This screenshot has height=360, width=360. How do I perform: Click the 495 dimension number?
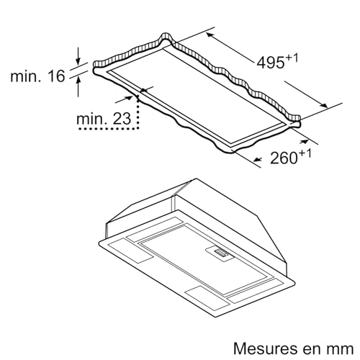click(271, 63)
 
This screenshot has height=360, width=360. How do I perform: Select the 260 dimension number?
click(284, 158)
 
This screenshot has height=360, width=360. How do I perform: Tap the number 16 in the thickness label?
click(56, 76)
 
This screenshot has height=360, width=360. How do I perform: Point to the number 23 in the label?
click(122, 119)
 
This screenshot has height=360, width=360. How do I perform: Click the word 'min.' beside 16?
click(26, 76)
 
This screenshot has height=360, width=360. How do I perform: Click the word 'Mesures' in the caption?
click(269, 348)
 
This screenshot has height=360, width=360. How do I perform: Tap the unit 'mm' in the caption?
click(342, 350)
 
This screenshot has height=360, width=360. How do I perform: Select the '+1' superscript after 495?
click(292, 58)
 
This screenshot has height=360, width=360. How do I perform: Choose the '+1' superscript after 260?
click(305, 153)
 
